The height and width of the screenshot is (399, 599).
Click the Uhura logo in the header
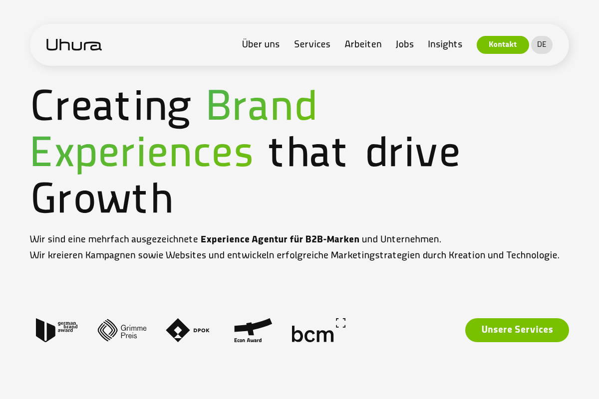click(74, 44)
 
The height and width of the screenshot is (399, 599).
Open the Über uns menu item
click(261, 44)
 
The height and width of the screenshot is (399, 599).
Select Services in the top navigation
click(312, 44)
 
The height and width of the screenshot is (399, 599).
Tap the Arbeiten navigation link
click(363, 44)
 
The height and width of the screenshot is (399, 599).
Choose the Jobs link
click(405, 44)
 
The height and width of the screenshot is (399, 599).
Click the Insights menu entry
click(445, 44)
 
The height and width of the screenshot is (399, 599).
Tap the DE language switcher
click(542, 44)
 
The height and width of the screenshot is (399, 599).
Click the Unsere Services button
click(517, 330)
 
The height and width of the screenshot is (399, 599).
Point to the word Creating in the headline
click(111, 108)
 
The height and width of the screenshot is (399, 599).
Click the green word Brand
click(262, 105)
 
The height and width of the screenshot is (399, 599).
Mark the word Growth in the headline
click(102, 198)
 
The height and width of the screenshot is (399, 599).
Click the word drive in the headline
click(413, 152)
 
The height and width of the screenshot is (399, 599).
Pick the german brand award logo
click(57, 330)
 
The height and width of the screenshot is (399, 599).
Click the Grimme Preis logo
click(122, 330)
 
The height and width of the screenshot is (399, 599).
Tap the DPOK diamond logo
click(188, 330)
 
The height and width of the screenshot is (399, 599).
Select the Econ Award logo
click(253, 330)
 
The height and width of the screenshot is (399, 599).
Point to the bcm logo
click(318, 330)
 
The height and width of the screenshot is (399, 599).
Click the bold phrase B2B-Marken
click(332, 239)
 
